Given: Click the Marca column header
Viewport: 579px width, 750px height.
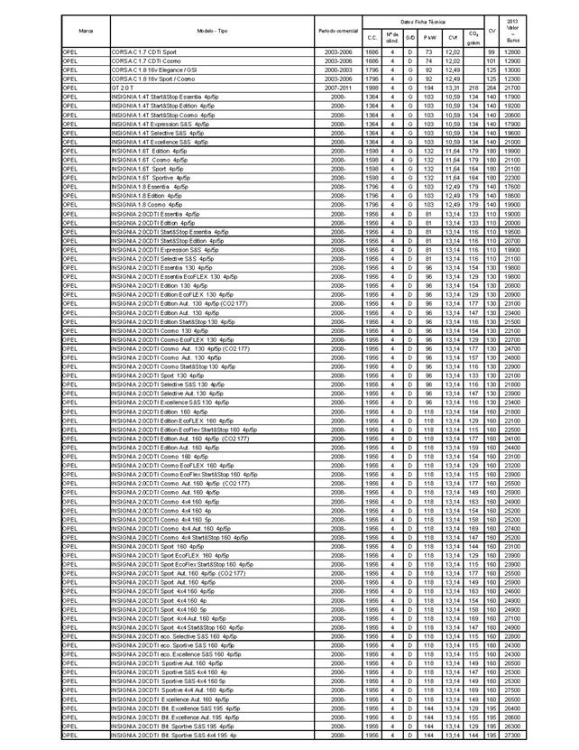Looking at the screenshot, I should (x=86, y=30).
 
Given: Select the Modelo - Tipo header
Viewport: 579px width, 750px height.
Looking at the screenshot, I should (x=211, y=30).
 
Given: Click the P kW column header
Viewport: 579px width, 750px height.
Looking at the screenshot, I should (x=429, y=37).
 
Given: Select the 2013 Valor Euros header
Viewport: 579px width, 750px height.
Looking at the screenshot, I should (x=512, y=30).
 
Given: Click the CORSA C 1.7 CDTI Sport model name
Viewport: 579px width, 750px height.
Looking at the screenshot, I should (x=143, y=52).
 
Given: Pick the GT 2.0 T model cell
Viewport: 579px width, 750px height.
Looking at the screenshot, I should (x=124, y=88).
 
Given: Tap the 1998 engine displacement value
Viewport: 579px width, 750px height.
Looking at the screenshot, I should (x=372, y=88).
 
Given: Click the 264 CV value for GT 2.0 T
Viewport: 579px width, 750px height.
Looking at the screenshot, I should (x=492, y=88).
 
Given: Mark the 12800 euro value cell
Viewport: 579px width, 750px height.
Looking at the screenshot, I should (x=512, y=52).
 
